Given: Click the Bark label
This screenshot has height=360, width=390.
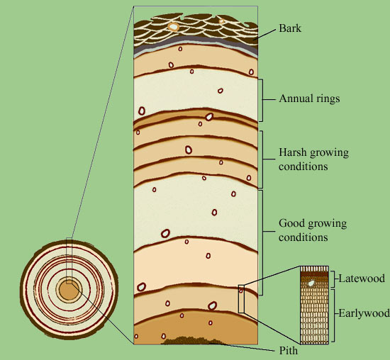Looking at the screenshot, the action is point(290,28).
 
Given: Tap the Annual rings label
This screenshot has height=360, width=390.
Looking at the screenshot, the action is point(309,99).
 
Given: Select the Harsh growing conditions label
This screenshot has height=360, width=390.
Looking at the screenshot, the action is point(313,159).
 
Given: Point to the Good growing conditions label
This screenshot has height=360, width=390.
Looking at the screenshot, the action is point(313,230).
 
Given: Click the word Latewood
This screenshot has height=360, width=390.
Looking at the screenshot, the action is point(362,279).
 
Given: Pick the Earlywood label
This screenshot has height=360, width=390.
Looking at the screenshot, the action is point(364,313).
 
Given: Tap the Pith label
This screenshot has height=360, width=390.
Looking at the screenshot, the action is point(289,351).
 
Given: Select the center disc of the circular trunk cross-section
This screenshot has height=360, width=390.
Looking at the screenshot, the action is point(69,291).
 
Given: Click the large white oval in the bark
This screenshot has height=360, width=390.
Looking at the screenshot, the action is point(173,26).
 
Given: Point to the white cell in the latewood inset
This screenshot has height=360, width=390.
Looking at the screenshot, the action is point(311,283).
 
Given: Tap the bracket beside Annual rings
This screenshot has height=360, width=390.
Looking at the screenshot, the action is point(261,101).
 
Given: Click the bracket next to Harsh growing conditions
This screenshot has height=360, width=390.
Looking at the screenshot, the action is point(261,159).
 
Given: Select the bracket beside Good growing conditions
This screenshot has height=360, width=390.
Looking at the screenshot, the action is point(261,242).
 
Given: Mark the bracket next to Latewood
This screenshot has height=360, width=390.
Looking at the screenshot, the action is point(333,279).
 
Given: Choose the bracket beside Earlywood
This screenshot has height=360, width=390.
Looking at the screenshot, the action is point(333,315).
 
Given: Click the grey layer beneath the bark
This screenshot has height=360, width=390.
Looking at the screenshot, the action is point(196,43).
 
